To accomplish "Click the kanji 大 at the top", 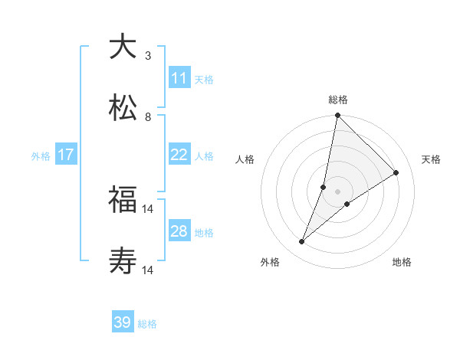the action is click(123, 47).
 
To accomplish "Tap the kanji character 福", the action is click(123, 200).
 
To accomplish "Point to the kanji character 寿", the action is click(123, 261).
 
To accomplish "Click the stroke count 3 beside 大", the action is click(148, 56).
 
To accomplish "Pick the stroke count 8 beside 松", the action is click(148, 117).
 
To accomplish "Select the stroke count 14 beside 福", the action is click(148, 208).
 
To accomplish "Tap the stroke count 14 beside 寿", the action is click(148, 270).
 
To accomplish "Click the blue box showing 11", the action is click(179, 78).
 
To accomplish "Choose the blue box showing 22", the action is click(179, 155).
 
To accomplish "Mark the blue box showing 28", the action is click(179, 231).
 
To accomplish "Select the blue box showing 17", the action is click(66, 155).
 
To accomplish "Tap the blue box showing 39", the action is click(123, 323).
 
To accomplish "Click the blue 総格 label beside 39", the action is click(147, 325).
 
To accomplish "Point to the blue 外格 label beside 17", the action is click(41, 156).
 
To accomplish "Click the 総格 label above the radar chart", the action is click(337, 100).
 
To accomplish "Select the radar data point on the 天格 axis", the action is click(396, 173).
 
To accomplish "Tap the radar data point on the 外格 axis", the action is click(301, 242).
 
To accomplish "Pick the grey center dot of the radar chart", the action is click(337, 191).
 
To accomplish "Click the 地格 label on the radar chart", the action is click(402, 263).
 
